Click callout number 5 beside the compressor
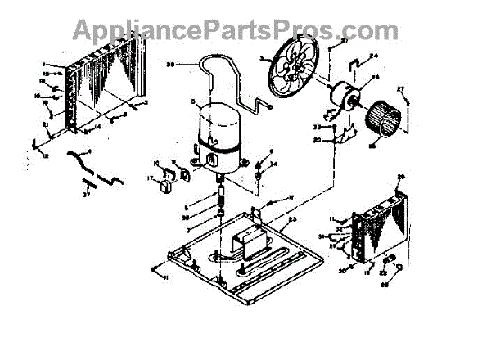(193, 102)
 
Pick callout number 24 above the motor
(374, 56)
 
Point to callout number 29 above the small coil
(401, 178)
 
